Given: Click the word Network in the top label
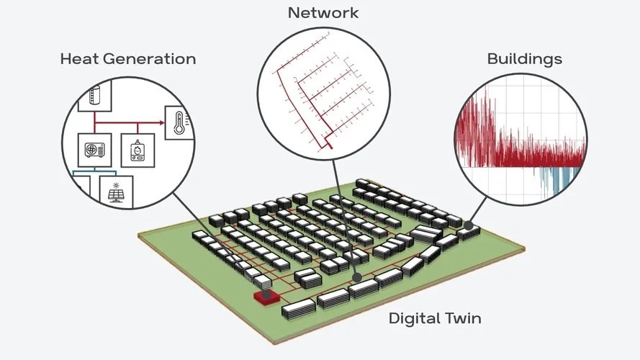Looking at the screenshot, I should pyautogui.click(x=323, y=13).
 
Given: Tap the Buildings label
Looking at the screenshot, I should pyautogui.click(x=525, y=59).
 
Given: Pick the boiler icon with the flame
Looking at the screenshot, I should pyautogui.click(x=136, y=150).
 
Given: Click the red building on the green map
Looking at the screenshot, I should pyautogui.click(x=266, y=297).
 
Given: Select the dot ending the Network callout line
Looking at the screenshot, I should pyautogui.click(x=357, y=276).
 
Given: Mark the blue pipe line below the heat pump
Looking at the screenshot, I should pyautogui.click(x=97, y=173).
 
